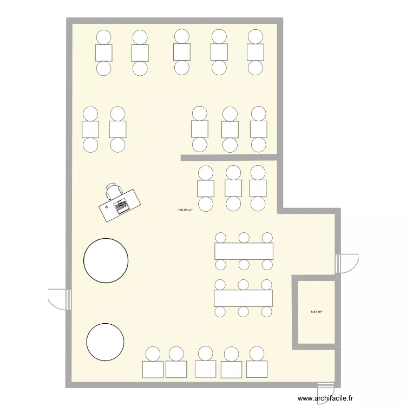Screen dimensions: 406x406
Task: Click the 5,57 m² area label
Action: coord(316,312)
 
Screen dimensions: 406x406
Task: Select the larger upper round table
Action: coord(106,260)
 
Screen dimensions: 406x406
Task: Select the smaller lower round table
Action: coord(105,342)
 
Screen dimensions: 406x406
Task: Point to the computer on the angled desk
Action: coord(120,205)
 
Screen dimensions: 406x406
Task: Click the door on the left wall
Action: coord(60,298)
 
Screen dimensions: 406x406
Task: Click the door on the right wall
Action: coord(347,263)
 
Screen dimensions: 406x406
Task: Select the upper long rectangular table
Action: coord(244,251)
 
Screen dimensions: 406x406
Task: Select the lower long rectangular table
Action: coord(243,298)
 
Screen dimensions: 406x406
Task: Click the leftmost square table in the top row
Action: coord(103,53)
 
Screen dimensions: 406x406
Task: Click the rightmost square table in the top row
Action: coord(255,53)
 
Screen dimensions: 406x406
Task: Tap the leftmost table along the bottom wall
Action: coord(153,369)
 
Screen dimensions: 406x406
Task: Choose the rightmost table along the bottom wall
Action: coord(257,369)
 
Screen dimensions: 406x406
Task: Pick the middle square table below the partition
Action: coord(233,188)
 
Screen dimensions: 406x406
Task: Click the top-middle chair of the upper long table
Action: coord(244,238)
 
